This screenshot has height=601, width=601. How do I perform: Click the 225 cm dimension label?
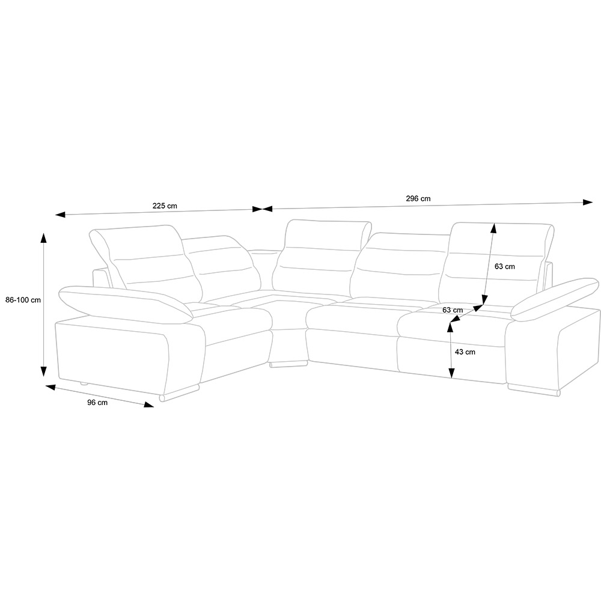pyautogui.click(x=165, y=206)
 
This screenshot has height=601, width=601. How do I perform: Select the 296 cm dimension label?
pyautogui.click(x=418, y=198)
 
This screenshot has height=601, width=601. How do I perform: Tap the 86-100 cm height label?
pyautogui.click(x=23, y=300)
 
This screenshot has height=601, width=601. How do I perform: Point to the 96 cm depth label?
pyautogui.click(x=97, y=403)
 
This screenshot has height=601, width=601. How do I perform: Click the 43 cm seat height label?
pyautogui.click(x=465, y=352)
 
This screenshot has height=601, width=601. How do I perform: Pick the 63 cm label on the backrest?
pyautogui.click(x=505, y=266)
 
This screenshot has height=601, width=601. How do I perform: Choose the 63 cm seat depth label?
pyautogui.click(x=453, y=310)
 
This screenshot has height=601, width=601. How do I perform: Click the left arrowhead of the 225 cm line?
pyautogui.click(x=61, y=215)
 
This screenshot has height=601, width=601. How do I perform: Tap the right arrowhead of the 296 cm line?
pyautogui.click(x=588, y=203)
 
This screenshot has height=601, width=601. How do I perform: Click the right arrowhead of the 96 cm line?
pyautogui.click(x=148, y=404)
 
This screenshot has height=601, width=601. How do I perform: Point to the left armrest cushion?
pyautogui.click(x=126, y=303)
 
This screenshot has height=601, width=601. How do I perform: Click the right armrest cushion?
pyautogui.click(x=555, y=300)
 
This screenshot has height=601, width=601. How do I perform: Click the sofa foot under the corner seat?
pyautogui.click(x=288, y=364)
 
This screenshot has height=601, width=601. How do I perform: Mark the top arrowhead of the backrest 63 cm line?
pyautogui.click(x=493, y=228)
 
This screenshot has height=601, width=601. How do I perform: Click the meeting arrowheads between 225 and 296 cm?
pyautogui.click(x=262, y=209)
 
